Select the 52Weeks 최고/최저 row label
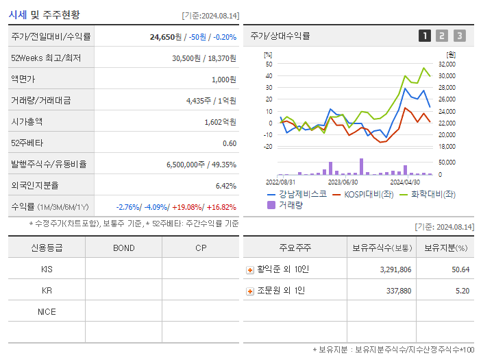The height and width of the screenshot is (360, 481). (45, 58)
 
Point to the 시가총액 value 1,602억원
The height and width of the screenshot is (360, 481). (220, 121)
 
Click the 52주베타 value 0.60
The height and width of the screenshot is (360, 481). (230, 143)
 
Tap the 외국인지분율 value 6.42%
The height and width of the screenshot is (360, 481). (225, 185)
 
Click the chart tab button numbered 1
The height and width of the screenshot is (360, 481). (425, 36)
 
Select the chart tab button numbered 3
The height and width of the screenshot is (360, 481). (459, 36)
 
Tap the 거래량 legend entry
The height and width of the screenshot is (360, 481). (290, 204)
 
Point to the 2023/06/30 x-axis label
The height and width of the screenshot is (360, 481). (343, 182)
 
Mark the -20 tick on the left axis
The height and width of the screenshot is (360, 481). (268, 146)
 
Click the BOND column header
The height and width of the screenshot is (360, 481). (123, 248)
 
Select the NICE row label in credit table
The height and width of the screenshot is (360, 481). (47, 311)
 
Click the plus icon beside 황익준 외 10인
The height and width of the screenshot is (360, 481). (250, 269)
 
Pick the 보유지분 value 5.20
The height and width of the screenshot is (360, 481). (462, 291)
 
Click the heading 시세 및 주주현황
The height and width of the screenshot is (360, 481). (44, 14)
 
